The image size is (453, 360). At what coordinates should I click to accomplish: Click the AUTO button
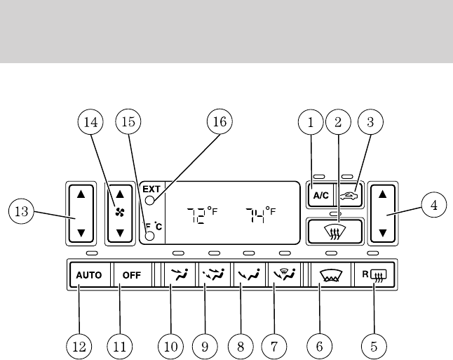coord(89,274)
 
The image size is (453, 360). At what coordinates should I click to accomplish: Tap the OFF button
coord(132,274)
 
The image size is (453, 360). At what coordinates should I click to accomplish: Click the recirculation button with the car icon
coord(349,197)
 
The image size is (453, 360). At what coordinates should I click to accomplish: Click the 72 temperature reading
coord(200,213)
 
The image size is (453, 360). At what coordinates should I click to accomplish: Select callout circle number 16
coord(220,122)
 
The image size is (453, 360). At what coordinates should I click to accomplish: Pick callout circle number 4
coord(433,205)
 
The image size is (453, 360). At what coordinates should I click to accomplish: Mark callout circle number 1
coord(309,122)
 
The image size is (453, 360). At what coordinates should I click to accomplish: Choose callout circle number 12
coord(79,345)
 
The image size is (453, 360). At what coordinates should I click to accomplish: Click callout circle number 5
coord(374,345)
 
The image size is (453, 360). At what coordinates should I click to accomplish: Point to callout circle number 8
coord(240,345)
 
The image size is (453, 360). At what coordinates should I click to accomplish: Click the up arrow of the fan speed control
coord(119,192)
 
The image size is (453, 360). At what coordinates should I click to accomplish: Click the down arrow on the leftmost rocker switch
coord(81,232)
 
